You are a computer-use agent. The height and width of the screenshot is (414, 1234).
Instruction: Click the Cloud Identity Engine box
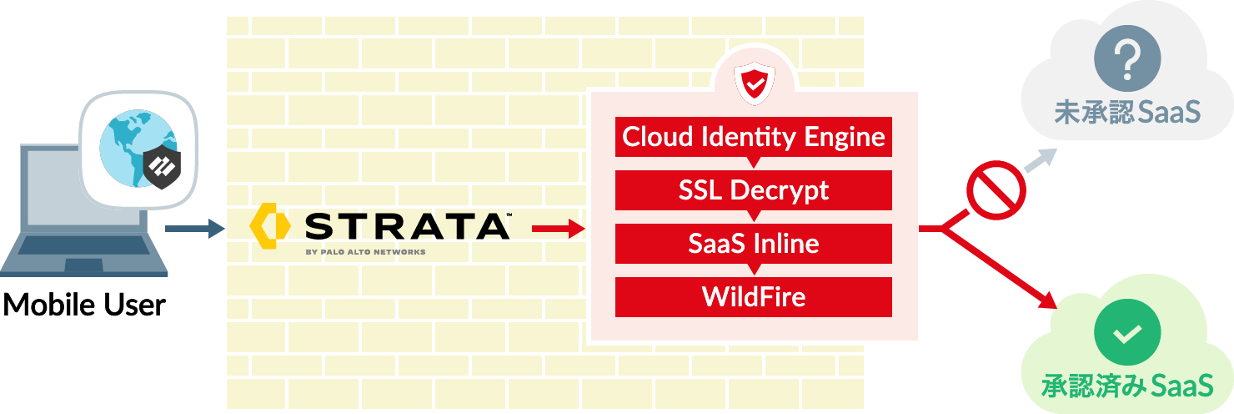click(754, 137)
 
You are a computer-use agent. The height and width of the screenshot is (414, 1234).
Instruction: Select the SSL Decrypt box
click(754, 190)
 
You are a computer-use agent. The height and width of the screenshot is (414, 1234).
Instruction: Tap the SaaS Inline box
click(754, 244)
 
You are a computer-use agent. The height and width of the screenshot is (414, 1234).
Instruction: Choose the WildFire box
click(754, 297)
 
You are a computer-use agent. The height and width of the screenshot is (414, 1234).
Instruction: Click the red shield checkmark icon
click(754, 84)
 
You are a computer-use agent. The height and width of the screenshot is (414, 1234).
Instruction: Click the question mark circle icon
click(1127, 63)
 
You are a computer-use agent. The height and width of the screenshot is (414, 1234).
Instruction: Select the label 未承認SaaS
click(1127, 113)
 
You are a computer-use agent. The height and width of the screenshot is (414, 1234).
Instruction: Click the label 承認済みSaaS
click(1127, 386)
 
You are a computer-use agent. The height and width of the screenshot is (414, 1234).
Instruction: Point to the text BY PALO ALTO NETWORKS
click(365, 252)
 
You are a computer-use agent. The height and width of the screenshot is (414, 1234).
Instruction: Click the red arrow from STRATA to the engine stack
click(558, 228)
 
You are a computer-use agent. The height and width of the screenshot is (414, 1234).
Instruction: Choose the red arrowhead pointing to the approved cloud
click(1050, 302)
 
